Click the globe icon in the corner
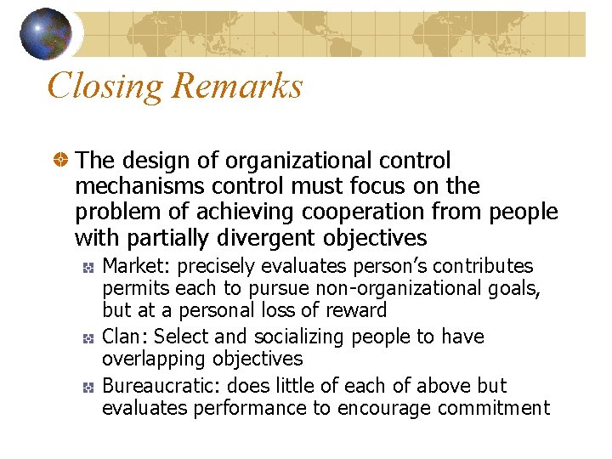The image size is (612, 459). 46,33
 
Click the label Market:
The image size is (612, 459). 134,266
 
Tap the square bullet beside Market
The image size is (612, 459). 88,268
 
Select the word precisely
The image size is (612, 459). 212,266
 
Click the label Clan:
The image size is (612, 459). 124,337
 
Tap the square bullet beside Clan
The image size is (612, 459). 88,338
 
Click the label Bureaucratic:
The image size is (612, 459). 156,385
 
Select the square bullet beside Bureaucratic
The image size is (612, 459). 88,387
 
